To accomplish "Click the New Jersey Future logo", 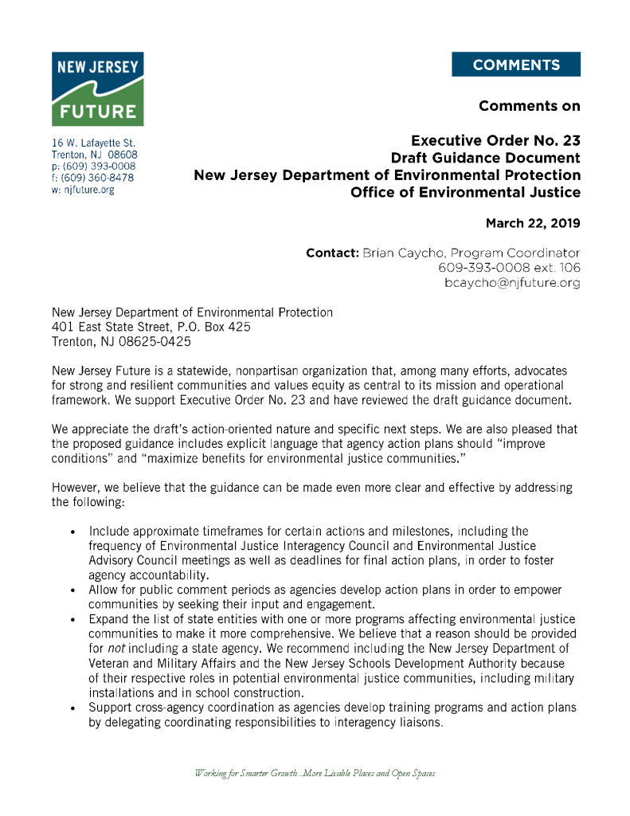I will [x=98, y=89].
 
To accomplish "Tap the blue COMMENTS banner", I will [x=515, y=65].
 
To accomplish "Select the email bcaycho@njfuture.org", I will [x=512, y=283].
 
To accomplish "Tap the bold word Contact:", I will [x=332, y=253].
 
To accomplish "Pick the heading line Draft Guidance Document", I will [x=485, y=158].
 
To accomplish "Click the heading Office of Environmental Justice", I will [x=465, y=192].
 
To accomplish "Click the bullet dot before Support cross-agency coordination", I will [x=73, y=708].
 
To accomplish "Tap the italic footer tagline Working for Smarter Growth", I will [x=315, y=774].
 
